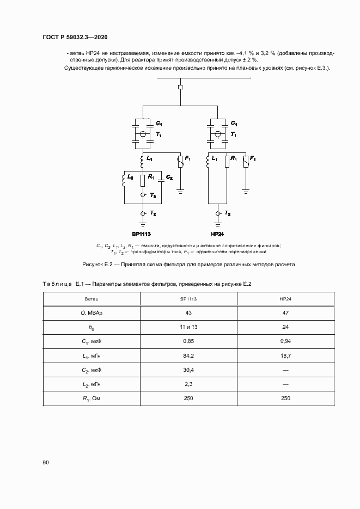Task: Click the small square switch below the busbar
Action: pyautogui.click(x=180, y=87)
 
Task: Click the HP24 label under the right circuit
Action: pyautogui.click(x=217, y=234)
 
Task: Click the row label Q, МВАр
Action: pyautogui.click(x=91, y=313)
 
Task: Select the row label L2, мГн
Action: pyautogui.click(x=91, y=384)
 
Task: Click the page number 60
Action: pyautogui.click(x=46, y=462)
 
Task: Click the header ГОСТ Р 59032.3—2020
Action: pyautogui.click(x=75, y=38)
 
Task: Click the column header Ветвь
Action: pyautogui.click(x=91, y=299)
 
